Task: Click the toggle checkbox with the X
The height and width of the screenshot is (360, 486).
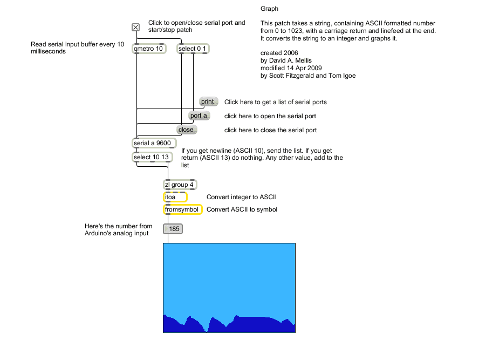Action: (x=136, y=28)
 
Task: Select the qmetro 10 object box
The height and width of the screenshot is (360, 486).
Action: (x=149, y=49)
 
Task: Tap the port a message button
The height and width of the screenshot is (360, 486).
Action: (x=198, y=116)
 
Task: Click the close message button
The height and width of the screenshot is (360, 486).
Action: (x=186, y=130)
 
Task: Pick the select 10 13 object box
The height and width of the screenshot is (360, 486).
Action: (x=152, y=157)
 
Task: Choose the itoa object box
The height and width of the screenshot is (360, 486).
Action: (x=175, y=197)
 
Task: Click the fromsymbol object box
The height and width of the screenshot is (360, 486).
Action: (x=182, y=209)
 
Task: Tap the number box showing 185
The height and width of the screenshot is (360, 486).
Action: (x=174, y=229)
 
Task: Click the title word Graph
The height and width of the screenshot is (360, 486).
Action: (x=269, y=9)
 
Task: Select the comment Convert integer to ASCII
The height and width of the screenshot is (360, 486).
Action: (x=242, y=197)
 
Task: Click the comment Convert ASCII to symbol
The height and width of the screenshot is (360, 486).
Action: (x=242, y=209)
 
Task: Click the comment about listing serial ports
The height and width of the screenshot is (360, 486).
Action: (x=275, y=102)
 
